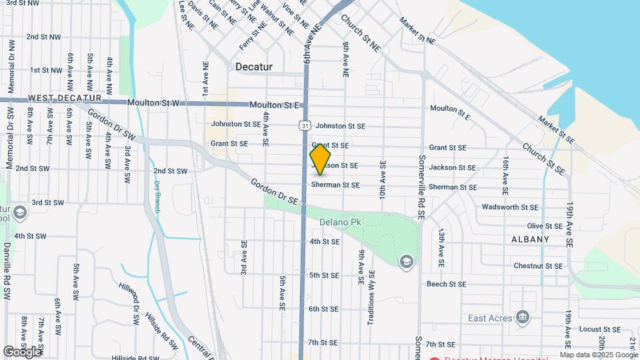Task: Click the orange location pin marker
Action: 320,159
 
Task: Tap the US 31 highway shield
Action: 305,125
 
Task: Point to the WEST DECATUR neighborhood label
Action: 59,98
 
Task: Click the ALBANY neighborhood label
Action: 531,239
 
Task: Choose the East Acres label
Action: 490,318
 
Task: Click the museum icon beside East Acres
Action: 523,316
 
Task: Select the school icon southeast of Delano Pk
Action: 405,262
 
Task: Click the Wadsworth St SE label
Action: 509,207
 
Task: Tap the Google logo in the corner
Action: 22,351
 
